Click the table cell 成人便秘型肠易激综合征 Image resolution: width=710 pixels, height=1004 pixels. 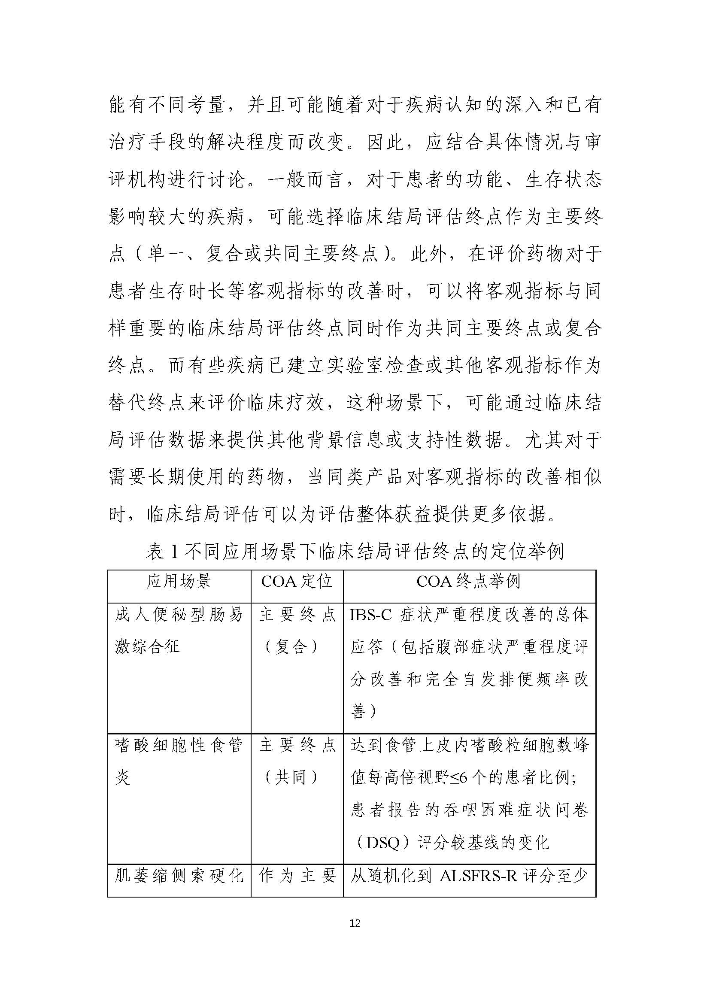coord(179,630)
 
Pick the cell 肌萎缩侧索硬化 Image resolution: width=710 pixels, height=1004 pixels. coord(179,875)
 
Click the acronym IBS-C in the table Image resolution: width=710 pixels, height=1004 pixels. coord(370,615)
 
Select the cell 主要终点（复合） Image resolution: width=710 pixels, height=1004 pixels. coord(297,630)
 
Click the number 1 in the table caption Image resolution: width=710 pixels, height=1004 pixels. coord(174,552)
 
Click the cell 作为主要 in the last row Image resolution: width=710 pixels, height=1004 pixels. coord(297,875)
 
